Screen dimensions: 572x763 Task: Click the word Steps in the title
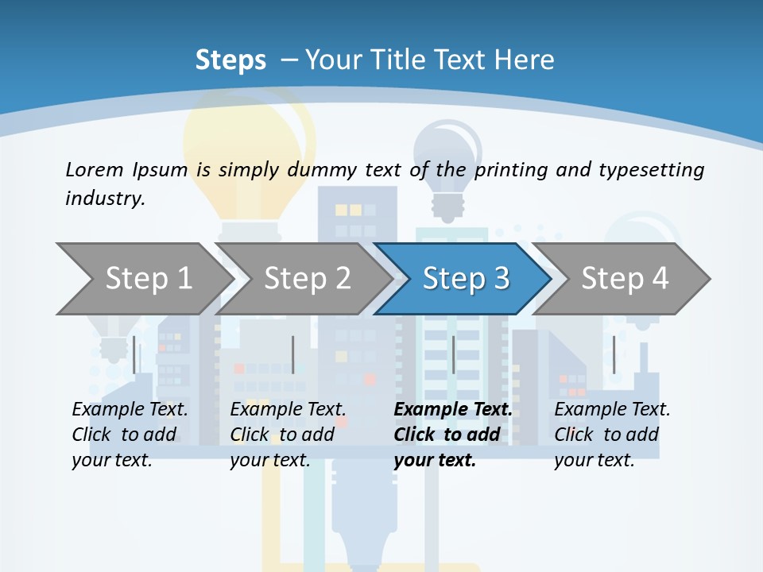[x=230, y=60]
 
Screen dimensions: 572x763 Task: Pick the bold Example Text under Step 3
[x=453, y=409]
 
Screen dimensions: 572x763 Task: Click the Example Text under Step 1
[x=130, y=409]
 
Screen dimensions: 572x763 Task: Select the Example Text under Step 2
[x=288, y=409]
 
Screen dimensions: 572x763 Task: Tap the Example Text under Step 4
[x=612, y=409]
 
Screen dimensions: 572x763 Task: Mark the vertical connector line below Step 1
[x=134, y=354]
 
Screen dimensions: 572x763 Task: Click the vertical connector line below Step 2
[x=293, y=354]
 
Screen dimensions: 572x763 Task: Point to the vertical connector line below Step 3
[x=453, y=354]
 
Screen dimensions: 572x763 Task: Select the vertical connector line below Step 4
[x=614, y=354]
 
